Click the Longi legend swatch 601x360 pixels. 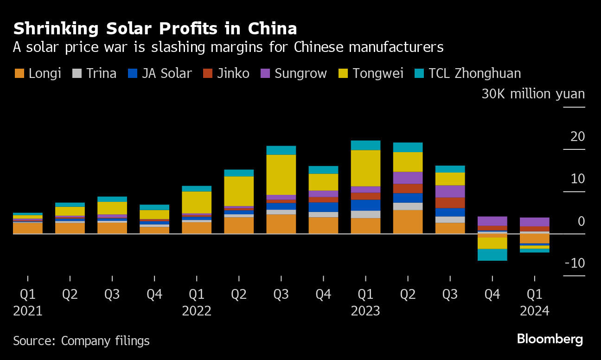point(19,73)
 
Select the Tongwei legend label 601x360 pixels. point(378,73)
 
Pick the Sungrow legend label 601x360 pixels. point(301,73)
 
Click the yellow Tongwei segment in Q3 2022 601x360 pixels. point(281,174)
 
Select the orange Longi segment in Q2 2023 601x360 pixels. point(408,222)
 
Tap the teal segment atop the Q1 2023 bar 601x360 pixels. point(365,145)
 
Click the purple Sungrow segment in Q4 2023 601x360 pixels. point(492,221)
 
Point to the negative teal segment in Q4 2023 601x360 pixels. point(492,255)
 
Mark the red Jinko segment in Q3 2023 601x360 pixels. point(450,203)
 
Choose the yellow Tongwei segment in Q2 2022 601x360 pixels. point(239,191)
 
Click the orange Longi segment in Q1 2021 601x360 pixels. point(28,228)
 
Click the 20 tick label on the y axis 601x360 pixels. point(578,137)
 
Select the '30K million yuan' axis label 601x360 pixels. point(533,94)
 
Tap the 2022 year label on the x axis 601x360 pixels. point(197,310)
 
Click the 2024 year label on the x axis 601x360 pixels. point(534,310)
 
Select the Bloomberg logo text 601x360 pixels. point(550,339)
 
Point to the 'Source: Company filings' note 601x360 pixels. point(81,341)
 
